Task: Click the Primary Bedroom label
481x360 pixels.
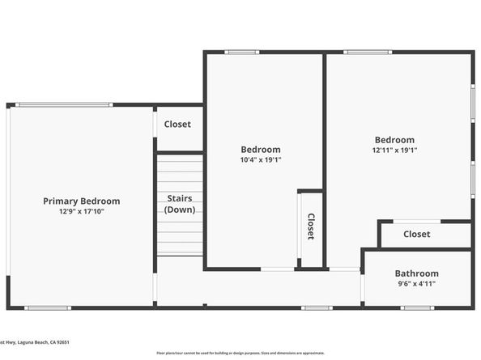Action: click(x=81, y=201)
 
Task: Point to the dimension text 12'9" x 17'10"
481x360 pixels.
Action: click(x=81, y=211)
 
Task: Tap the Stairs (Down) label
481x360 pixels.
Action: click(x=178, y=204)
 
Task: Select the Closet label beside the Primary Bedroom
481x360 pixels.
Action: click(x=177, y=125)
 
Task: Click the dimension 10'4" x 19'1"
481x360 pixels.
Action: click(x=261, y=160)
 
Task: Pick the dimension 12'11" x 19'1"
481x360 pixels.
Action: click(x=394, y=150)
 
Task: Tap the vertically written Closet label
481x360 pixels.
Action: click(x=310, y=227)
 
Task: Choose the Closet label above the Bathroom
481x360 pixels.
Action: click(x=416, y=235)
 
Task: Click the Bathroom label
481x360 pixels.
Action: click(x=416, y=273)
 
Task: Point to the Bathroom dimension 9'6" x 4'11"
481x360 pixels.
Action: click(x=416, y=284)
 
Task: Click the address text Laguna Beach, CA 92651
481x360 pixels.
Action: click(x=40, y=342)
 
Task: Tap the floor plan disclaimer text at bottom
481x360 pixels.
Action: click(x=240, y=354)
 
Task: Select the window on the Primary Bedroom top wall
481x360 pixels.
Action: click(x=64, y=104)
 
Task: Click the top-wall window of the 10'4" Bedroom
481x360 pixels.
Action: click(x=241, y=53)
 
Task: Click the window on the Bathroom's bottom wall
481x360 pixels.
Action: click(x=417, y=307)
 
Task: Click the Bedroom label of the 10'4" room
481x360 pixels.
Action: click(x=261, y=150)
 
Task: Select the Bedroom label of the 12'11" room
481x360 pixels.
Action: click(x=394, y=140)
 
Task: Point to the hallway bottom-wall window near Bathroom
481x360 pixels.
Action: click(x=317, y=307)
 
